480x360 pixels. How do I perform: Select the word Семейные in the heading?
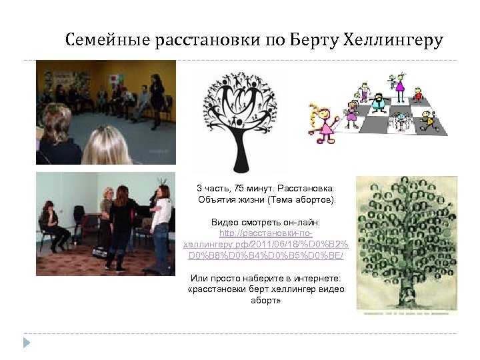tap(107, 41)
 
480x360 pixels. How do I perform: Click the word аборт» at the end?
tap(266, 301)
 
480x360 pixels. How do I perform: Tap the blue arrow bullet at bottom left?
tap(26, 343)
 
